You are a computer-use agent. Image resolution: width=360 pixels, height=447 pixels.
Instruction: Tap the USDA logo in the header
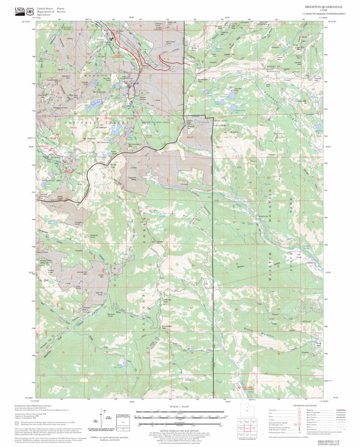[x=20, y=10]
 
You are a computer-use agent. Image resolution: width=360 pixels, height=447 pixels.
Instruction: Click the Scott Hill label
[x=172, y=23]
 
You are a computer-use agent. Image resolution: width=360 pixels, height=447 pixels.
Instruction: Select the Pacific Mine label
[x=101, y=276]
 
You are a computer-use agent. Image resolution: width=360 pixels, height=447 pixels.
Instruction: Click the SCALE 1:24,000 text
[x=179, y=406]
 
